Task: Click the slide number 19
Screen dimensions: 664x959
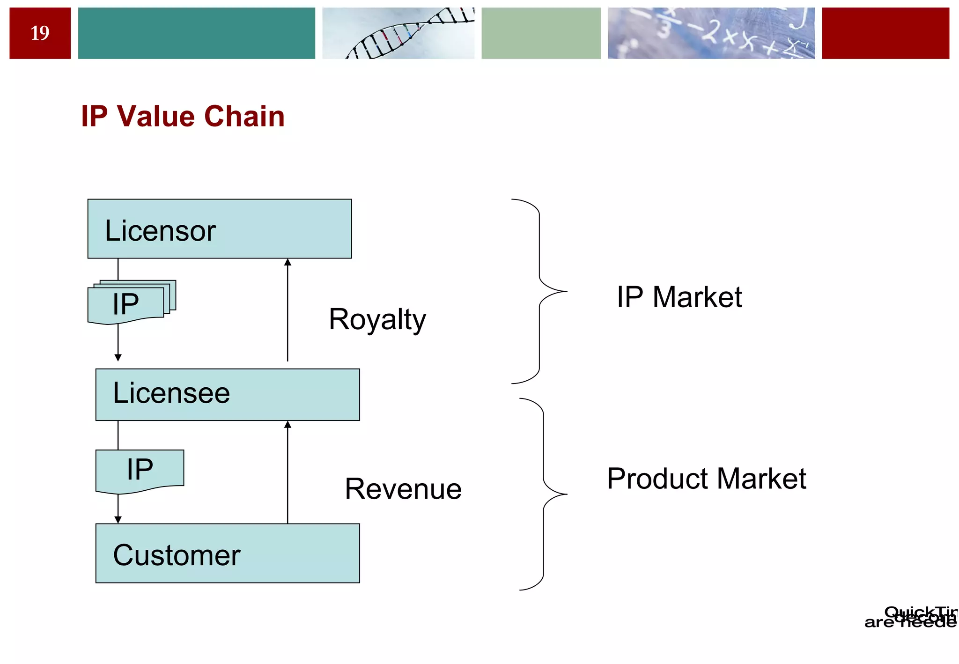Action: click(40, 33)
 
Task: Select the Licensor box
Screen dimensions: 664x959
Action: click(219, 229)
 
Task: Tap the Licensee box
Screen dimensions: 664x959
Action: click(228, 394)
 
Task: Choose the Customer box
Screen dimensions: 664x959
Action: click(228, 553)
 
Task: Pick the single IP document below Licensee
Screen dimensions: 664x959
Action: click(140, 470)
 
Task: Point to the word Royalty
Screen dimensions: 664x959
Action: click(377, 320)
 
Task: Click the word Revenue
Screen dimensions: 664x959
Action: click(403, 489)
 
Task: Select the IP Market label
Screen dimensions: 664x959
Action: click(679, 297)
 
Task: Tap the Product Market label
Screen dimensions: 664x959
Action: click(706, 479)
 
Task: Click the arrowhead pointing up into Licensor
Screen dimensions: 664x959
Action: click(288, 263)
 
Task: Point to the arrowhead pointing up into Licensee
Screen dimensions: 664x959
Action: click(288, 425)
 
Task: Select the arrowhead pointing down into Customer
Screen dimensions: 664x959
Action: click(118, 519)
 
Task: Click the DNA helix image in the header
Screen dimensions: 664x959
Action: click(398, 33)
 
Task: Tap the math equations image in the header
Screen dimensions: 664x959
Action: click(711, 33)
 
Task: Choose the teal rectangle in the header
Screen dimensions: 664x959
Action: click(196, 33)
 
